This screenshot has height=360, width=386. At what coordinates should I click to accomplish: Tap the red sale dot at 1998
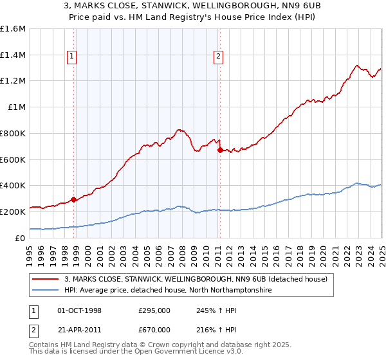coord(73,199)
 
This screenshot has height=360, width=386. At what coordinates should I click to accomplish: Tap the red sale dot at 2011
coord(220,150)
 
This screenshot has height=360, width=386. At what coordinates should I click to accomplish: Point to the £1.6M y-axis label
coord(13,29)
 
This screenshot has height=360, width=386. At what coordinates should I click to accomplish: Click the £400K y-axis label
coord(13,186)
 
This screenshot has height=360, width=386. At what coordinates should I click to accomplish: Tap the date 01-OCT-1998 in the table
coord(80,310)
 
